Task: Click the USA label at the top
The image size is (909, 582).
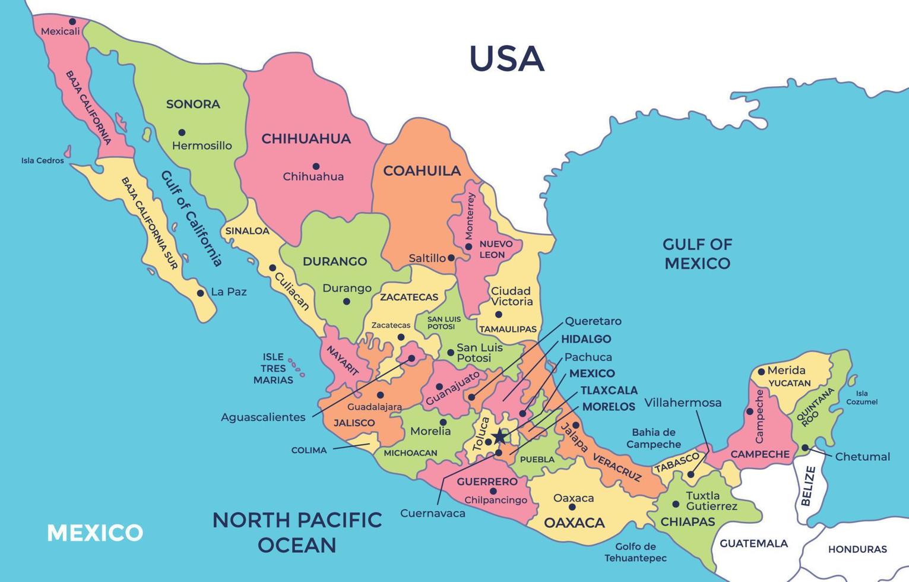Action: [x=506, y=59]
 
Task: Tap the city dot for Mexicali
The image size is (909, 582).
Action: [x=72, y=21]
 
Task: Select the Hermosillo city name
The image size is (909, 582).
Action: [x=202, y=145]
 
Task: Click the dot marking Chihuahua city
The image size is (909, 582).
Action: [x=316, y=166]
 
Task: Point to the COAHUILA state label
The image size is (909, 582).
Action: [x=422, y=171]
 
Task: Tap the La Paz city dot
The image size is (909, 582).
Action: [x=201, y=293]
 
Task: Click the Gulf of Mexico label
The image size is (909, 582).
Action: [x=697, y=254]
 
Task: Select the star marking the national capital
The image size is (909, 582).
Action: [x=500, y=436]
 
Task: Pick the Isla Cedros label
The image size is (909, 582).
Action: [x=43, y=160]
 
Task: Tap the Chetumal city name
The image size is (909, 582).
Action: [x=862, y=457]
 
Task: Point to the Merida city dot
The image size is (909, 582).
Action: [x=761, y=372]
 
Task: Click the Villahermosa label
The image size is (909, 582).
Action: [x=683, y=403]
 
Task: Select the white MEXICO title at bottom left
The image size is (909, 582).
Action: [x=95, y=533]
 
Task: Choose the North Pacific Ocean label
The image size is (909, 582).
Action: [x=297, y=532]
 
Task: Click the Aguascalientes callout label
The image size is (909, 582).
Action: [x=263, y=417]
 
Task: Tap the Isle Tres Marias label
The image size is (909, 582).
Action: [x=273, y=368]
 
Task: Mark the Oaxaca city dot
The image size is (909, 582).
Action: [x=572, y=507]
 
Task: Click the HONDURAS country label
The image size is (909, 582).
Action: [x=857, y=549]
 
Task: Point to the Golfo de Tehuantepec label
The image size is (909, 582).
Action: [x=635, y=552]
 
